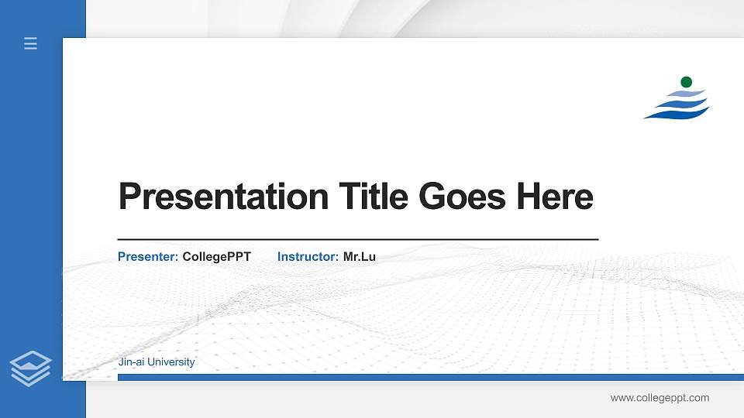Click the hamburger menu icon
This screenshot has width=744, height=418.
[x=30, y=43]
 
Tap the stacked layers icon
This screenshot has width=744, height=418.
[x=30, y=368]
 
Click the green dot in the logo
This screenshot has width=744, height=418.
[x=686, y=82]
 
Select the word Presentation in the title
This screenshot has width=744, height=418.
[x=223, y=197]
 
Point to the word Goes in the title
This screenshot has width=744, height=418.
[x=462, y=197]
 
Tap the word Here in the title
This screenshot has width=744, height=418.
[x=555, y=197]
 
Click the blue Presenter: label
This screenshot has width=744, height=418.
[x=148, y=256]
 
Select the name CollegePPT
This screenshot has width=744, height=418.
[x=216, y=256]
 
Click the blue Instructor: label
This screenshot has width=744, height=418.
[x=308, y=256]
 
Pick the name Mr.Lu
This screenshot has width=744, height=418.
[x=360, y=256]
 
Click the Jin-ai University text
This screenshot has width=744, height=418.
[x=157, y=362]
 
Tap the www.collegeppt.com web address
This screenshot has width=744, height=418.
[x=660, y=398]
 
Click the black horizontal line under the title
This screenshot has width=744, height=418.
[x=357, y=240]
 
